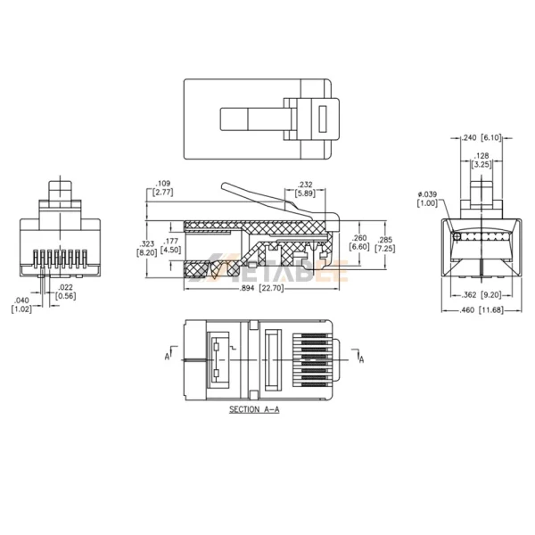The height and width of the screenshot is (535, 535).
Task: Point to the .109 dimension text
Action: [161, 184]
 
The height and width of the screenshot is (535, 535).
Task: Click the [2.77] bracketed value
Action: [161, 193]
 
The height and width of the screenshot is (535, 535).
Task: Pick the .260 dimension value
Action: [358, 239]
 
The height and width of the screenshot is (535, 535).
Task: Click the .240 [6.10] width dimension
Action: [481, 137]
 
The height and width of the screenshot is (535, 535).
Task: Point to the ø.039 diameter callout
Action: [427, 194]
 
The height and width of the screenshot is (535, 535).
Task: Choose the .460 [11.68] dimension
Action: [481, 310]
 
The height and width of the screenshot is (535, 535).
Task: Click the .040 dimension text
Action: [21, 300]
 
